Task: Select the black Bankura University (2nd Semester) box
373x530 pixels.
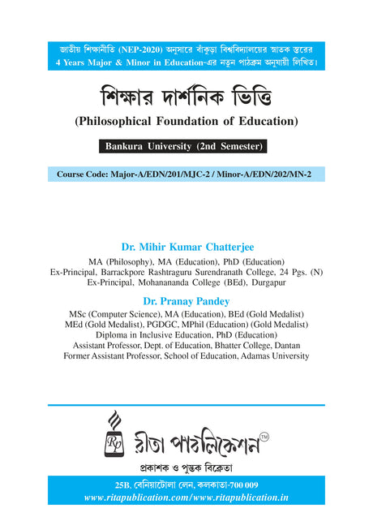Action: [x=186, y=149]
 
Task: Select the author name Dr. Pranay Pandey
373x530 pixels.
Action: [x=186, y=300]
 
